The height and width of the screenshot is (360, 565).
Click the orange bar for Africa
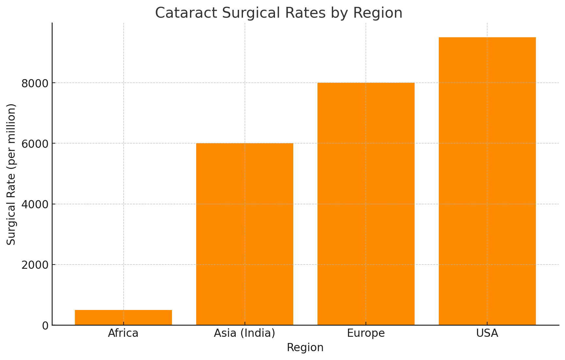coord(123,317)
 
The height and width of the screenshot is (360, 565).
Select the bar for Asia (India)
coord(245,234)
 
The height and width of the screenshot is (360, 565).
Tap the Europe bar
coord(366,204)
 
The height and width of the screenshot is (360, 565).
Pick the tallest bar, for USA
coord(487,181)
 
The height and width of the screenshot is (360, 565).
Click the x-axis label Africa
coord(123,333)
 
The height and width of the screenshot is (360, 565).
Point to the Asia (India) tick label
coord(245,333)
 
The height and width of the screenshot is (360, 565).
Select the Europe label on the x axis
coord(366,333)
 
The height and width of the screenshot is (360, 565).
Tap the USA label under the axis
coord(487,333)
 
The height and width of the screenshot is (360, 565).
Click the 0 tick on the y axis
coord(45,326)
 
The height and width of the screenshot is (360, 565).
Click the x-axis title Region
coord(305,348)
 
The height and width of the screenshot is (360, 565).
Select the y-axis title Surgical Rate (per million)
coord(11,174)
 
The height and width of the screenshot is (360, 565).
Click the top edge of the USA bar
coord(487,38)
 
